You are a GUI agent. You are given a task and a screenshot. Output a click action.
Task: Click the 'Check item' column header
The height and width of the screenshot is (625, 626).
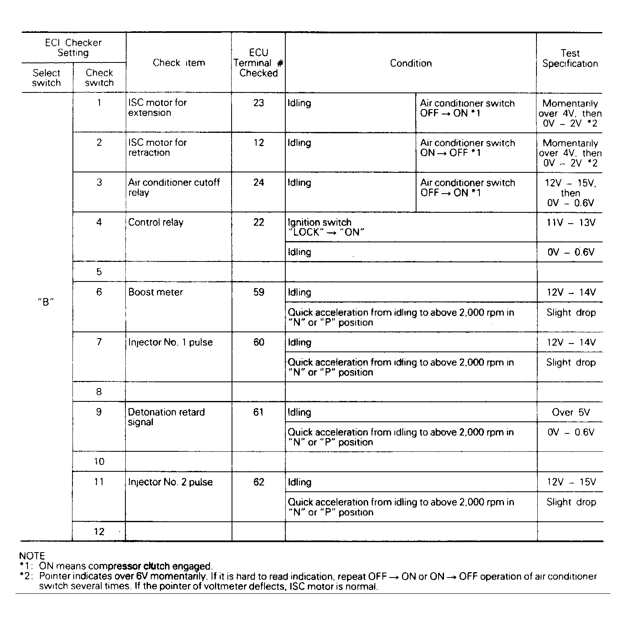[179, 63]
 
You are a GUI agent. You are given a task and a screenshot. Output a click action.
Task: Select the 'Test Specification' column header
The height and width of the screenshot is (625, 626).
[570, 58]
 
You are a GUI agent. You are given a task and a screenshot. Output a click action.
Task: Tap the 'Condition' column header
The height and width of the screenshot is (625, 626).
[411, 63]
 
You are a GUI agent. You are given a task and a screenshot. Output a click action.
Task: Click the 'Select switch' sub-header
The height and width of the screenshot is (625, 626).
[46, 78]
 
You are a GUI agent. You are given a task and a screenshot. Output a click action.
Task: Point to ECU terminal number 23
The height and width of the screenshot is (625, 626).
[259, 103]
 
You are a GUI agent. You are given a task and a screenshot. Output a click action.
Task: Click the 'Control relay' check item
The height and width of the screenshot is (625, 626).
[156, 222]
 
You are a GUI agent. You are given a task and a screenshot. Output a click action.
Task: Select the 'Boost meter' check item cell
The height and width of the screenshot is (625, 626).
[155, 292]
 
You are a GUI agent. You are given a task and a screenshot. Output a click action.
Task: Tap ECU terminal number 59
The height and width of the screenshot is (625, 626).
[259, 292]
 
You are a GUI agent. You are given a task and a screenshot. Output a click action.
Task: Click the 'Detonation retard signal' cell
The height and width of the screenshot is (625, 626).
[166, 417]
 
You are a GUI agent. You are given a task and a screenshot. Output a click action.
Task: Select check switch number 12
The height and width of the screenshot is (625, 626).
[99, 532]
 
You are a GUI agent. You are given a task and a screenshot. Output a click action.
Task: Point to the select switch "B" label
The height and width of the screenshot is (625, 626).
[46, 302]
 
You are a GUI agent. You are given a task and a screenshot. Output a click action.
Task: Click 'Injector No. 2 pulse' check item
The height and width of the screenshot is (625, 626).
[170, 482]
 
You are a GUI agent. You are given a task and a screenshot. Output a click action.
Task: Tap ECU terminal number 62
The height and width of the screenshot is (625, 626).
[259, 482]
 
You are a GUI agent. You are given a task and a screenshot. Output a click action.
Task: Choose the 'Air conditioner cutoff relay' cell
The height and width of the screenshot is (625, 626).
[174, 187]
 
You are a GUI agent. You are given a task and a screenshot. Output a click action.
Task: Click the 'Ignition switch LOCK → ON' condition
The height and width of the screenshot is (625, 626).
[326, 227]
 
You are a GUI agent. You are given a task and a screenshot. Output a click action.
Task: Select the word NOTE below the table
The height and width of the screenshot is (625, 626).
[32, 556]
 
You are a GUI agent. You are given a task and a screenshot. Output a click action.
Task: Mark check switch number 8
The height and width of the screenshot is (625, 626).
[99, 392]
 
